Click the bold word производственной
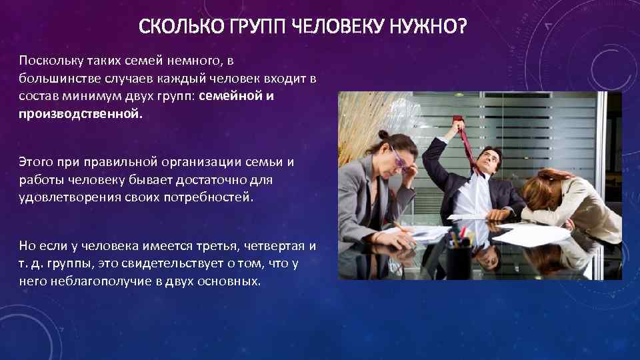point(80,113)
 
